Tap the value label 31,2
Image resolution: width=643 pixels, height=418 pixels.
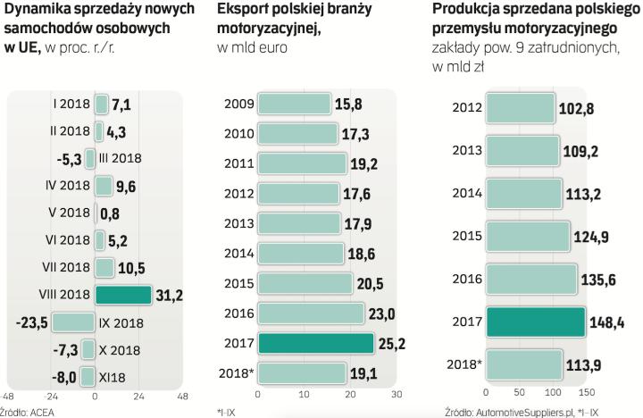pyautogui.click(x=169, y=294)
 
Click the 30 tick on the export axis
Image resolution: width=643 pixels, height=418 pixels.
pyautogui.click(x=397, y=395)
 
